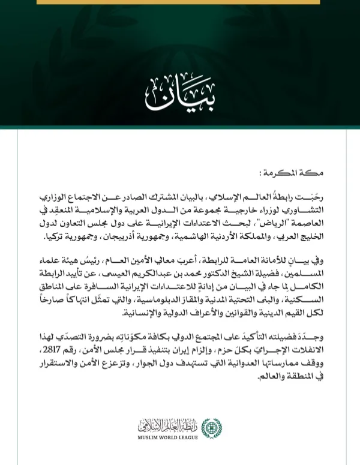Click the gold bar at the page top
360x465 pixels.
click(179, 2)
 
